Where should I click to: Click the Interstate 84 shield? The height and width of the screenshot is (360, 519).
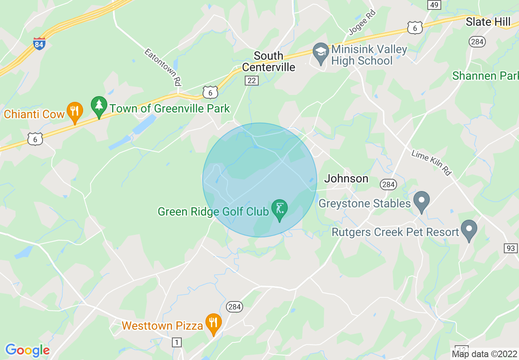[39, 44]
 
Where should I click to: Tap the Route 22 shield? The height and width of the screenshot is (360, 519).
[252, 80]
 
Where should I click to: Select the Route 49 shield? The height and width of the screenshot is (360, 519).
[434, 4]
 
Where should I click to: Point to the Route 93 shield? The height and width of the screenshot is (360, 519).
[510, 248]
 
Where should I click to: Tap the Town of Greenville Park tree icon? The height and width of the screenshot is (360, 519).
[99, 106]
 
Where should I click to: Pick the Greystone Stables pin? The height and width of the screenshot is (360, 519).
[421, 201]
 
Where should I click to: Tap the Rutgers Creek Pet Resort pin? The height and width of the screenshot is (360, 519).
[469, 229]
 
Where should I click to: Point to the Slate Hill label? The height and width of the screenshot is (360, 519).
[488, 22]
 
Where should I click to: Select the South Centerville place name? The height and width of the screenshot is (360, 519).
[269, 61]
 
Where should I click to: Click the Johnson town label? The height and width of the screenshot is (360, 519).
[346, 178]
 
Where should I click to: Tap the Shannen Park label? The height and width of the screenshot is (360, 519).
[485, 76]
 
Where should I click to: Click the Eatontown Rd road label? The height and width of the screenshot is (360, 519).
[162, 67]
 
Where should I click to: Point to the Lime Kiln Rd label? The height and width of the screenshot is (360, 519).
[431, 163]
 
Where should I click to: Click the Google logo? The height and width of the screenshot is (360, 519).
[27, 350]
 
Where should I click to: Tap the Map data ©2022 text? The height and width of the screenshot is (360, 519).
[484, 354]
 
